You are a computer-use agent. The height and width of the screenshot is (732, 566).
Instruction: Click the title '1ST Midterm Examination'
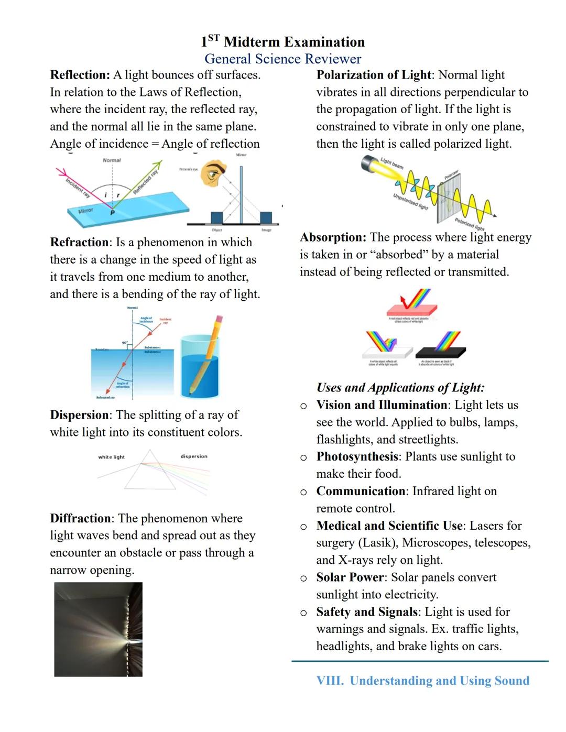[282, 42]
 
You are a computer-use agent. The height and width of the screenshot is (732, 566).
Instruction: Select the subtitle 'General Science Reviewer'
[282, 59]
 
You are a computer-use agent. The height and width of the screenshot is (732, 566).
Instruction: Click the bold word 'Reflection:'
[80, 75]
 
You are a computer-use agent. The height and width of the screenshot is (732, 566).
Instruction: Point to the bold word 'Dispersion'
[80, 415]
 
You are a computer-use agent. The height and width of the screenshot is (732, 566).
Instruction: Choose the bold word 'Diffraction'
[81, 518]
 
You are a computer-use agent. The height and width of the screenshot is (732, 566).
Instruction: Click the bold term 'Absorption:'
[333, 237]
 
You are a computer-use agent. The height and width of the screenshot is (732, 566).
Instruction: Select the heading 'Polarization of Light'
[374, 75]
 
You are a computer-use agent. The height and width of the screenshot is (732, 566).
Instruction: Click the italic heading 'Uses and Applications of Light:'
[400, 388]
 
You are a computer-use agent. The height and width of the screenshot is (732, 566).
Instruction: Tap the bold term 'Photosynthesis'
[357, 456]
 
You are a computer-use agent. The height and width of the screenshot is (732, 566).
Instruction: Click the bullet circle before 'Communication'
[303, 492]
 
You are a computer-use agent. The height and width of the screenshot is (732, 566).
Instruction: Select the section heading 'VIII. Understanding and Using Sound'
[422, 681]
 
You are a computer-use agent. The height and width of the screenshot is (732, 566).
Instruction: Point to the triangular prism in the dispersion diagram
[150, 471]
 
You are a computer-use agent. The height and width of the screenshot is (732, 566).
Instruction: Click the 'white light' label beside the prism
[112, 457]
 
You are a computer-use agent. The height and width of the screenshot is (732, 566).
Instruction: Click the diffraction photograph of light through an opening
[99, 629]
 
